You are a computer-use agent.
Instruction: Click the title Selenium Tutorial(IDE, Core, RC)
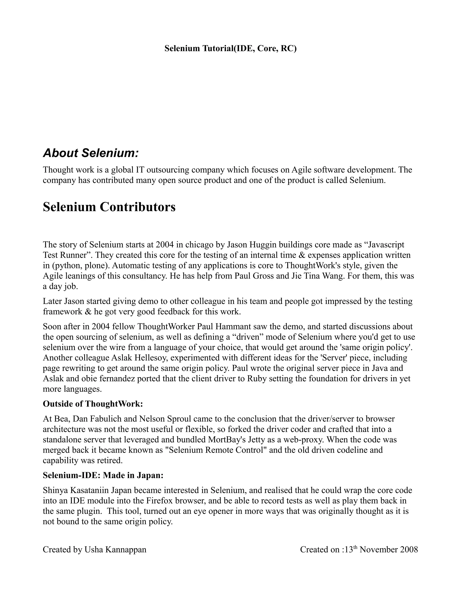(x=230, y=48)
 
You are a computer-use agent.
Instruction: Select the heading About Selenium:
(x=91, y=153)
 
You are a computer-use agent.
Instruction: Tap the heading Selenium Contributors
(x=109, y=207)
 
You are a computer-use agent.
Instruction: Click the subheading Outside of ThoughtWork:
(x=93, y=404)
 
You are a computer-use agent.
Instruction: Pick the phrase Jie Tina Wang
(x=311, y=276)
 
